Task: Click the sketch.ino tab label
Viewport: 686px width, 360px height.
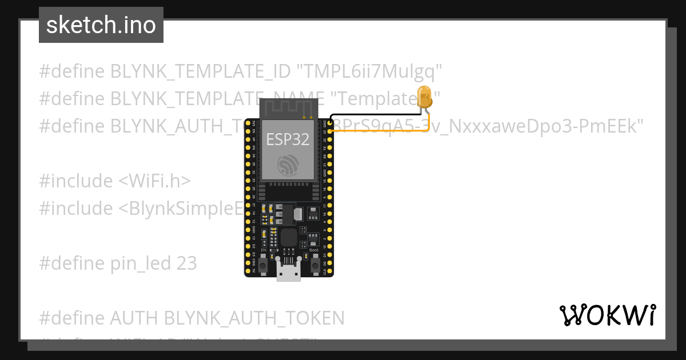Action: tap(101, 25)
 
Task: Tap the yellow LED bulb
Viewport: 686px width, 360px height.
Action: tap(424, 96)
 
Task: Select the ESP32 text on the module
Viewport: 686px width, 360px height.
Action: tap(288, 139)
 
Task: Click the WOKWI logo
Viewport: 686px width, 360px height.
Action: tap(607, 315)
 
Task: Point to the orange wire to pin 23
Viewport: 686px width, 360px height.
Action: tap(377, 131)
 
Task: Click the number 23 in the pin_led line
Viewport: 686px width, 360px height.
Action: tap(187, 263)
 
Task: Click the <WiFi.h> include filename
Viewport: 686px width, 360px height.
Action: tap(154, 181)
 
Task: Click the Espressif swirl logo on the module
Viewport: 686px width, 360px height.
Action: tap(288, 166)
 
